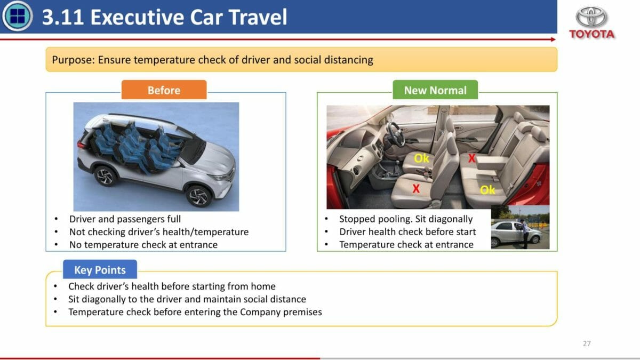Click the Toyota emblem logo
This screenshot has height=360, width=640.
(591, 17)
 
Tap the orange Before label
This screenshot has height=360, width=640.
(164, 90)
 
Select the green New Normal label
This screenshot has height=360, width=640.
(435, 90)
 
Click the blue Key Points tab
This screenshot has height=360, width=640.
(100, 269)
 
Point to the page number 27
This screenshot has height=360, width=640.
(587, 343)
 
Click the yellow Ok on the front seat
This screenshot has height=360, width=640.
(421, 158)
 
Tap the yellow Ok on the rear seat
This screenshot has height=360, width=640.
(487, 190)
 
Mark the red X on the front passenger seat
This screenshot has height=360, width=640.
(416, 189)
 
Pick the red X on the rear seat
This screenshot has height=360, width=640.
(471, 158)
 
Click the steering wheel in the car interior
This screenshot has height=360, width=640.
(396, 134)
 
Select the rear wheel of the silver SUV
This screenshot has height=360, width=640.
(105, 175)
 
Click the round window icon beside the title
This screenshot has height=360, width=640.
(17, 16)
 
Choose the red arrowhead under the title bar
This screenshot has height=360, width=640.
(554, 39)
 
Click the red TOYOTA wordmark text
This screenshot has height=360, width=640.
(591, 34)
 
